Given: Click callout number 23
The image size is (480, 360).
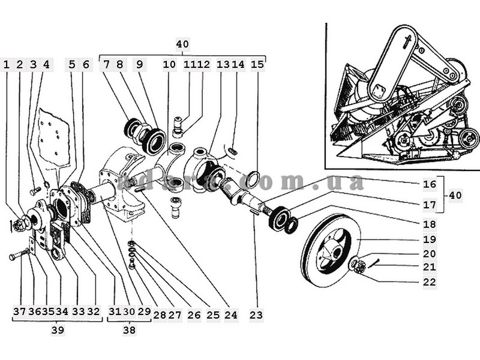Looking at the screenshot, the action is click(256, 314).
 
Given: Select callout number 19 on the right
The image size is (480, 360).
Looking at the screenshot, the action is click(429, 239).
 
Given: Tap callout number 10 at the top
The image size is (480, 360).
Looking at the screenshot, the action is click(169, 65).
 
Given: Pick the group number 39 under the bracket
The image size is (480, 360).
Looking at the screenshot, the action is click(58, 330).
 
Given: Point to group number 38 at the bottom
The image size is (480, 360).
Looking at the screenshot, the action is click(129, 330).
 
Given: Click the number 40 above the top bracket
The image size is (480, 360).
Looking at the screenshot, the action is click(182, 44).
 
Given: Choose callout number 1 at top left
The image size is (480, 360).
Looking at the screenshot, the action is click(7, 65).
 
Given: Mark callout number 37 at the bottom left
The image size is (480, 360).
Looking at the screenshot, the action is click(19, 311).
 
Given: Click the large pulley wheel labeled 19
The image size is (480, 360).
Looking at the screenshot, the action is click(329, 250).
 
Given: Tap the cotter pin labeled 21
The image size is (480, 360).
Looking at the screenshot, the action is click(374, 263).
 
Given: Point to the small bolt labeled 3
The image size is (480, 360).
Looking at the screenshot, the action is click(35, 191).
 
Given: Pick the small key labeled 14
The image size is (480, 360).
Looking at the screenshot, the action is click(233, 151).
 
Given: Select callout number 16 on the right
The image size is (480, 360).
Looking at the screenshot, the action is click(429, 184).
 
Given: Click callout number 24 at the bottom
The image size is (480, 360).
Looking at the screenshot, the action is click(231, 314).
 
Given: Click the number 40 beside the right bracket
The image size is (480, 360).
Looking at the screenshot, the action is click(455, 195).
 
